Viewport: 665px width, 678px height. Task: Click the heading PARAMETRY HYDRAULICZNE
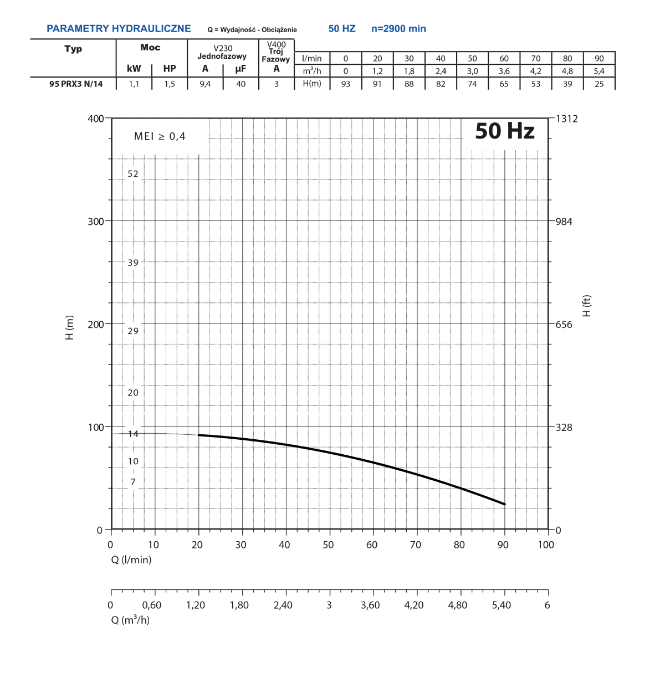[119, 29]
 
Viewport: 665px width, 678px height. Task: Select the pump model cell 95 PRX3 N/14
[76, 84]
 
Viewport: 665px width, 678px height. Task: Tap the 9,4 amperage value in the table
[205, 84]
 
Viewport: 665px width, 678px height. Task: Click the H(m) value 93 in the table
[346, 84]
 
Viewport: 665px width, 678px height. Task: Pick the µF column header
[241, 69]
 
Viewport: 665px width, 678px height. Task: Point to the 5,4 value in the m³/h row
[599, 71]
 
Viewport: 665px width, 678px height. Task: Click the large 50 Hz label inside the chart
[505, 131]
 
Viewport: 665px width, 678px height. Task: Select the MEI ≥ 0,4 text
[160, 137]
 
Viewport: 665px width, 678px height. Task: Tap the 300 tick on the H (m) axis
[96, 222]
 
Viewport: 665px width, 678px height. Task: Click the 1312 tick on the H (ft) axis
[566, 119]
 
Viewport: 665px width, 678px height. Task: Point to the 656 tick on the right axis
[564, 325]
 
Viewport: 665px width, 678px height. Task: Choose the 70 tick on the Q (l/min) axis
[415, 545]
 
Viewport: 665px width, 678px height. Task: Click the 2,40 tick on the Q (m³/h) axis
[283, 605]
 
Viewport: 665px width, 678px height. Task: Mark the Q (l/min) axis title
[131, 560]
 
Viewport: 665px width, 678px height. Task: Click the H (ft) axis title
[587, 306]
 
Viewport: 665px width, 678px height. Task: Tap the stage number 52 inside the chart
[133, 174]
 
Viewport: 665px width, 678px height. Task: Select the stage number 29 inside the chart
[133, 331]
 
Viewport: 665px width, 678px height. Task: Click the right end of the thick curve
[504, 504]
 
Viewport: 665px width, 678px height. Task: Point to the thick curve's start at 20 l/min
[199, 435]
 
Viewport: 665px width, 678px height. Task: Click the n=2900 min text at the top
[398, 29]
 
